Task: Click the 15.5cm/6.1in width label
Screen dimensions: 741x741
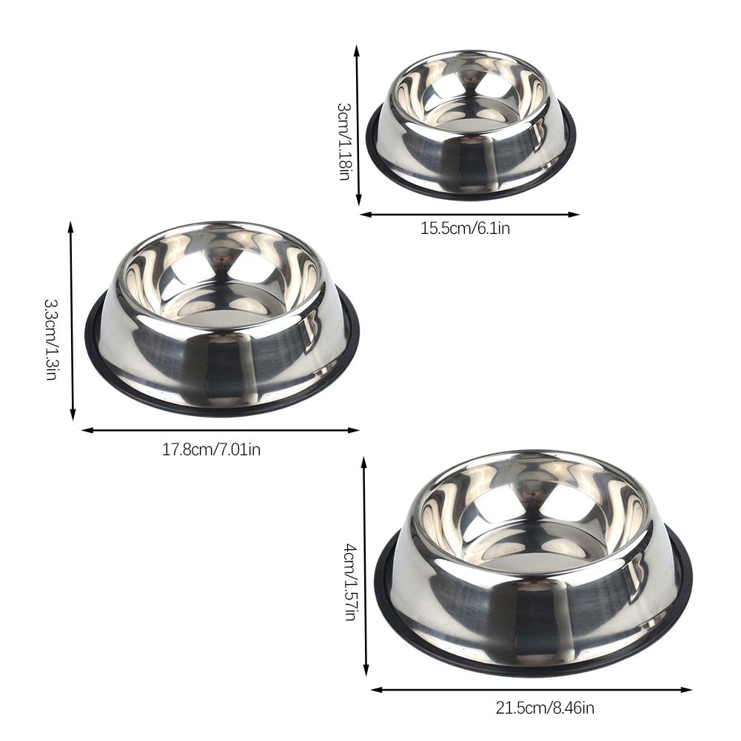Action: [465, 228]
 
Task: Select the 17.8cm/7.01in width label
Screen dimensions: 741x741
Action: [211, 449]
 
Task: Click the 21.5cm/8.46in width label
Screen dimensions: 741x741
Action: [545, 708]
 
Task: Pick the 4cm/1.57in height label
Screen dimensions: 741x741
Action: [350, 581]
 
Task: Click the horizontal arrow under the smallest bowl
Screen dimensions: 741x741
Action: [469, 215]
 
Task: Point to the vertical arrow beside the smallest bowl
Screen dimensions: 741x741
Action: [358, 126]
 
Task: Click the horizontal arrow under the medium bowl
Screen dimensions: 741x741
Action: [220, 429]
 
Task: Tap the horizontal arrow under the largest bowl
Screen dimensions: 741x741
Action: [531, 689]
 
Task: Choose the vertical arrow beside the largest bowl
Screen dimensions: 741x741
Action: [364, 566]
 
